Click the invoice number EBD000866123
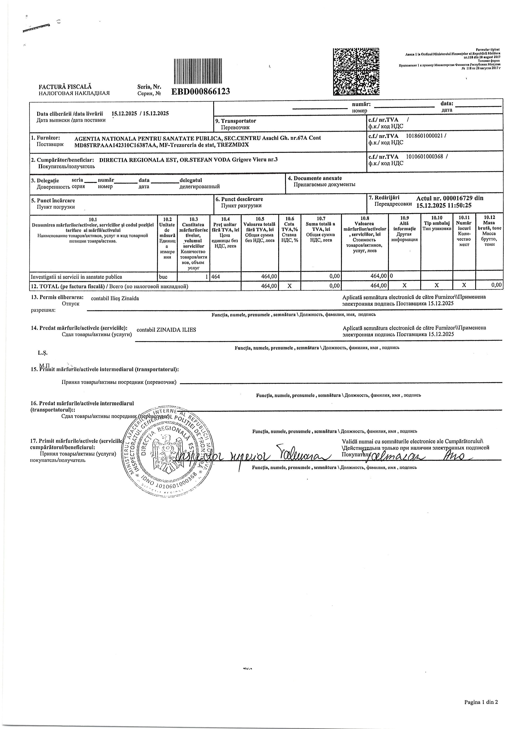[201, 91]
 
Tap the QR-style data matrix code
[356, 72]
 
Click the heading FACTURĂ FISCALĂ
[65, 86]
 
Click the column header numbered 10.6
[289, 218]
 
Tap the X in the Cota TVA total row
[289, 286]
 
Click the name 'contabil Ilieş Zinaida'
[115, 298]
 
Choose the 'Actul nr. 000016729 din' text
[450, 198]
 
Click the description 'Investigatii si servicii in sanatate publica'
[76, 277]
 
